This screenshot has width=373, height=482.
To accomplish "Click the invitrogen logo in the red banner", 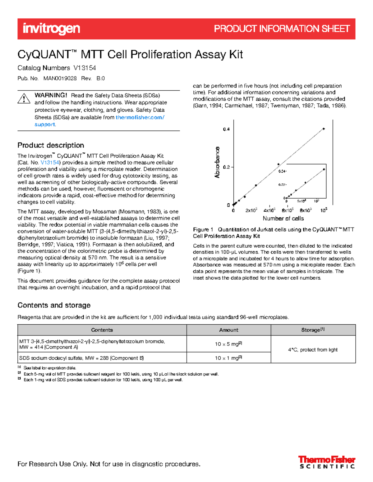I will point(51,29).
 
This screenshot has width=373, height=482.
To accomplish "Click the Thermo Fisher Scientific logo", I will point(327,462).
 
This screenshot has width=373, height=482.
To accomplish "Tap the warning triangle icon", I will point(24,98).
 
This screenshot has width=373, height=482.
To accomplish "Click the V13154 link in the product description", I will point(50,163).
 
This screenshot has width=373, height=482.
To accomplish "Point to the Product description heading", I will point(51,145).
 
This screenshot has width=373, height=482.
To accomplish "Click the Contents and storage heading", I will point(54,305).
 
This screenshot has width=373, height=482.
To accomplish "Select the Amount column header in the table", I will point(228,330).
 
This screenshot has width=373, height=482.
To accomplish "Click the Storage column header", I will point(313,330).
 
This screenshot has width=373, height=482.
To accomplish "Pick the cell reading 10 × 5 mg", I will point(228,344).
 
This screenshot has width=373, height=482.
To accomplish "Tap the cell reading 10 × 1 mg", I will point(228,358).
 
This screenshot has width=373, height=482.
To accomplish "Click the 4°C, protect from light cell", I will point(313,349).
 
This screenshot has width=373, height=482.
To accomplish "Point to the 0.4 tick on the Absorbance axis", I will point(226,129).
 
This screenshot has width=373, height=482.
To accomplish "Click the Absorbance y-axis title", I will point(217,162).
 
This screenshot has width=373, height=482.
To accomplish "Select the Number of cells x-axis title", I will point(283,218).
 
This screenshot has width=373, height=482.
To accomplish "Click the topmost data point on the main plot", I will point(324,129).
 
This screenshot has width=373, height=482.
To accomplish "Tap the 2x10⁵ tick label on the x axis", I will point(251,210).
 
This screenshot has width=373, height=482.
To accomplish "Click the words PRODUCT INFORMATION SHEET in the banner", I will point(282,29).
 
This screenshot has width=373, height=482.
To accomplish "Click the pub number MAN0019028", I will point(60,78).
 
